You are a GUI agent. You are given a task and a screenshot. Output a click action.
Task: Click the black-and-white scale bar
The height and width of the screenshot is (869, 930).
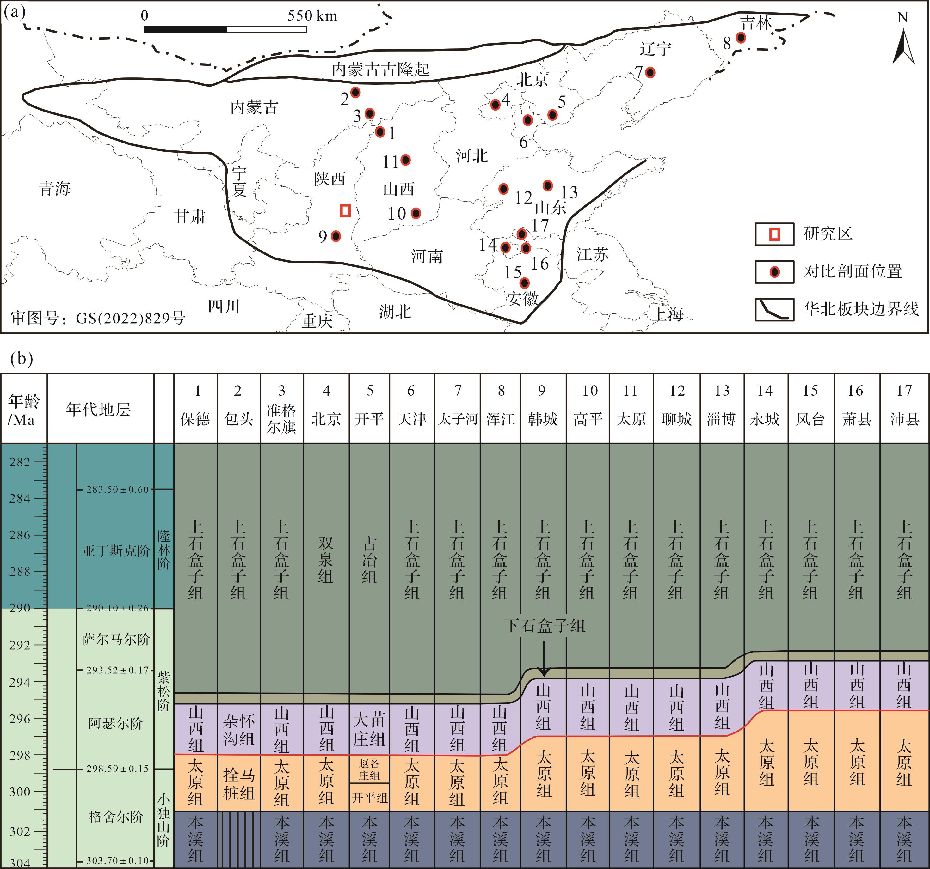coord(225,29)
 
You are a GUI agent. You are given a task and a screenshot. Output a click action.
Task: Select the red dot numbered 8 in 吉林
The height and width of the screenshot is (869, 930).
coord(741,37)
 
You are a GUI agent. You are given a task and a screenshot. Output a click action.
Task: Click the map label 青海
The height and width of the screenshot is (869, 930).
coord(55,189)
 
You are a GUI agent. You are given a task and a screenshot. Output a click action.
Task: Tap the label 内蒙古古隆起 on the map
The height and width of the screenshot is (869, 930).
coord(380,70)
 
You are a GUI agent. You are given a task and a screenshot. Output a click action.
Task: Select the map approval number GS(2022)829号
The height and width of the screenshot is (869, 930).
coord(98,318)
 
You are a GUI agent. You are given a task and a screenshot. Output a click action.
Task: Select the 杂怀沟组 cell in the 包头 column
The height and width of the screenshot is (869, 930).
coord(238,729)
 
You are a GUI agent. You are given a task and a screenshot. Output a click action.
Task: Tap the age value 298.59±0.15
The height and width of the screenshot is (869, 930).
coord(117,769)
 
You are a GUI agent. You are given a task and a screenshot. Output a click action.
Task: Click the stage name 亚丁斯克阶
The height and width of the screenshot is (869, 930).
coord(116,551)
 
